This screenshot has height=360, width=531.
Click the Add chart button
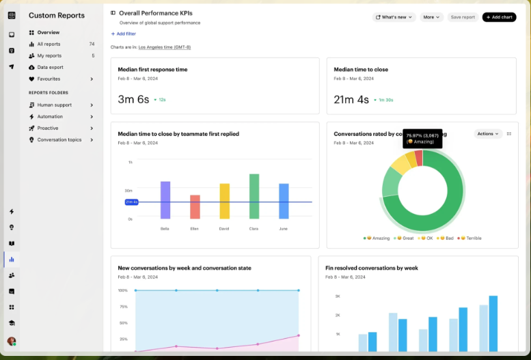point(499,17)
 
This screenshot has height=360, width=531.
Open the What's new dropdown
point(394,17)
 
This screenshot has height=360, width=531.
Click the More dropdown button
point(431,17)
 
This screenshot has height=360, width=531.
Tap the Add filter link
point(124,33)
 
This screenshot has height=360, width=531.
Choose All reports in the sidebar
point(49,44)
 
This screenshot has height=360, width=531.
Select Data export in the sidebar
point(50,67)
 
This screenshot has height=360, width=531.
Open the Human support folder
point(54,105)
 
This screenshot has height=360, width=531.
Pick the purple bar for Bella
point(165,200)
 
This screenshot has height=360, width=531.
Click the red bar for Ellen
point(195,207)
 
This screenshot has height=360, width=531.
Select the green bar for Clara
point(254,196)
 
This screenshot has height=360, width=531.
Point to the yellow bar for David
point(224,201)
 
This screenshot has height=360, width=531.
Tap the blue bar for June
point(284,201)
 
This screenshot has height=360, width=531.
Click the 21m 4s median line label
point(131,202)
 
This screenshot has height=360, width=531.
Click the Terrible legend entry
point(471,238)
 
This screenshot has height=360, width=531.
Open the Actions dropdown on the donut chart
point(488,134)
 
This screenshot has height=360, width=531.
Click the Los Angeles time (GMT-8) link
point(164,47)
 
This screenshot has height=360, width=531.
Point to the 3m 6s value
point(133,100)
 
